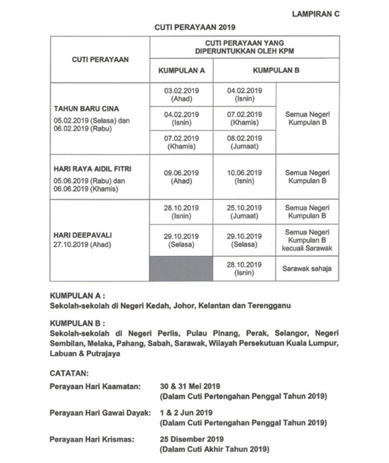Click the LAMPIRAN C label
(316, 14)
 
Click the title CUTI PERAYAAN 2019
(195, 27)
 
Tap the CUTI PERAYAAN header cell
(100, 59)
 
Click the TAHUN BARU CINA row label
(87, 109)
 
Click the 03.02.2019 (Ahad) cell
(182, 94)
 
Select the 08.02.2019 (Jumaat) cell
(245, 142)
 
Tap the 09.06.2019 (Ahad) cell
(182, 177)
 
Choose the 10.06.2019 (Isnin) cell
(245, 177)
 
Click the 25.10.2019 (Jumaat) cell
(245, 212)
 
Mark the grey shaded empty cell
(182, 269)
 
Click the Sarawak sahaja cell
(307, 269)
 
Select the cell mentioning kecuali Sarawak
(307, 240)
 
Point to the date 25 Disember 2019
(192, 438)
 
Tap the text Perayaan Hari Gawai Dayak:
(100, 412)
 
